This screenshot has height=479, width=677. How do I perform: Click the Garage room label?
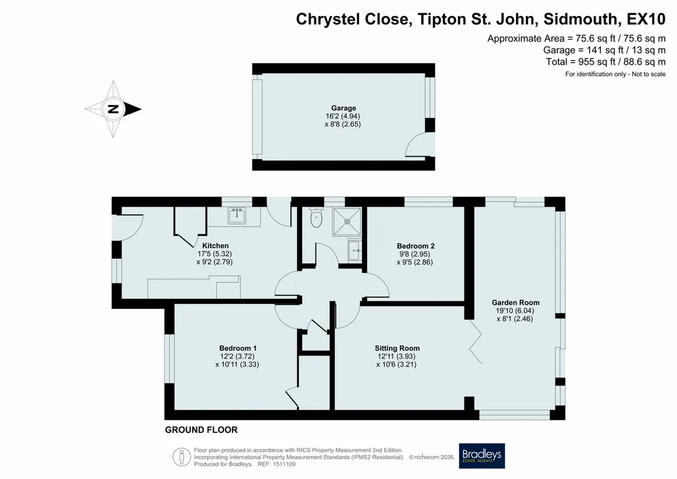click(343, 108)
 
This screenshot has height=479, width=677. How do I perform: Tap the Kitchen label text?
click(215, 245)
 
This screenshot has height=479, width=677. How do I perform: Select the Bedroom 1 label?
click(238, 348)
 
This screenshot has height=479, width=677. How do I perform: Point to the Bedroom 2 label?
click(416, 245)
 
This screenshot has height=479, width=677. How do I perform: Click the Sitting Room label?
click(397, 348)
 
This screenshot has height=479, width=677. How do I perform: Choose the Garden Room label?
click(515, 302)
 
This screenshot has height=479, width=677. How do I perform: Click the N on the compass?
click(113, 109)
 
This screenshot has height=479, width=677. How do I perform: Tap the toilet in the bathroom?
click(317, 217)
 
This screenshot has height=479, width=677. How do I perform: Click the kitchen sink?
click(236, 216)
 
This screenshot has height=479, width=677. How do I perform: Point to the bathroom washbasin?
click(355, 250)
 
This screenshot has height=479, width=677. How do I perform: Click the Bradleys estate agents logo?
click(482, 456)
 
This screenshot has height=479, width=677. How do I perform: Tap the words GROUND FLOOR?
click(201, 430)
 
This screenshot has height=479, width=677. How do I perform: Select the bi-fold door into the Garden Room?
click(476, 342)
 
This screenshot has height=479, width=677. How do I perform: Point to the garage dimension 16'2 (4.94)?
click(343, 116)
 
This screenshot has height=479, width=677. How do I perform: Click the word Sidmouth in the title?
click(581, 19)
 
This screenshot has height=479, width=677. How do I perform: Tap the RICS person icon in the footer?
click(182, 457)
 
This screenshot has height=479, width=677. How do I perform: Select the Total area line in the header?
click(606, 62)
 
